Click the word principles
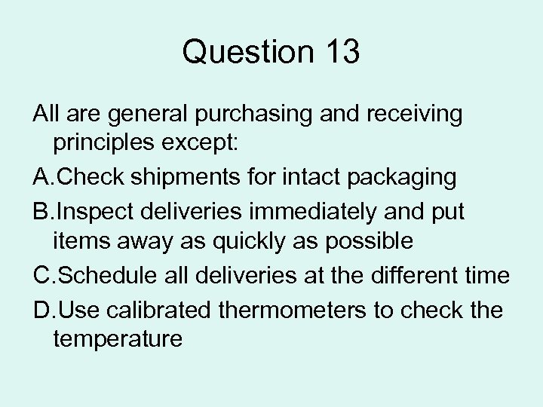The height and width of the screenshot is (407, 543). (x=111, y=145)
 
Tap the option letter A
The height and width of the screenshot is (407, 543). (x=41, y=178)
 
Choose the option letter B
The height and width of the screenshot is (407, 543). (x=41, y=211)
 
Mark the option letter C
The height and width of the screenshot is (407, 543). (x=41, y=275)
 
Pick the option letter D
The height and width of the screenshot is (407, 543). (x=41, y=308)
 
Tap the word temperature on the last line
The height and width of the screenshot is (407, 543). (x=118, y=339)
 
